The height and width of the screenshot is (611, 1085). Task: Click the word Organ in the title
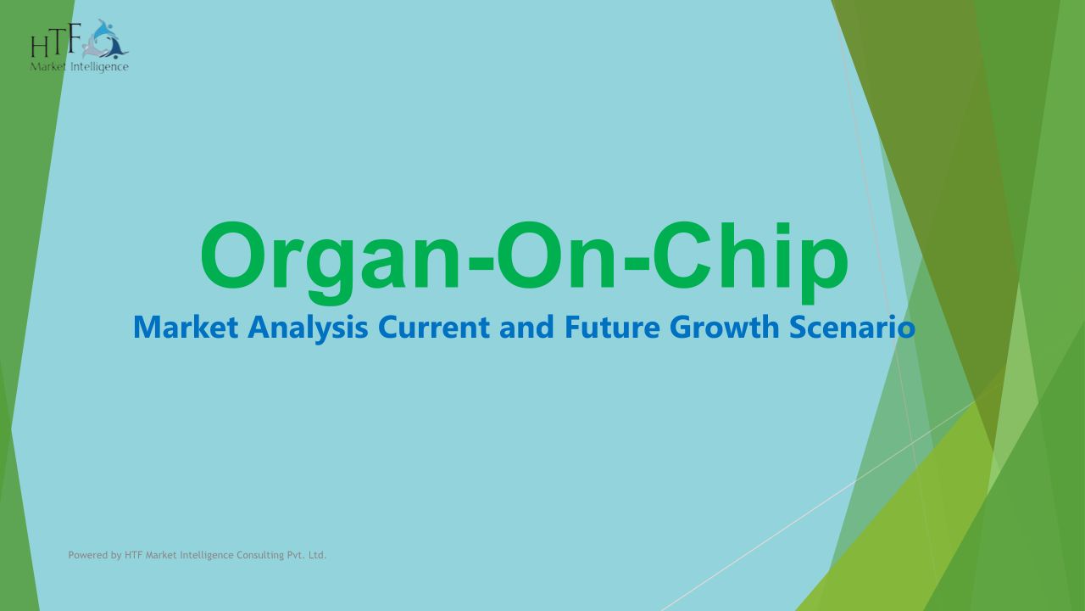tap(330, 261)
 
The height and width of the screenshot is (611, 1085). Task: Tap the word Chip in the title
tap(751, 261)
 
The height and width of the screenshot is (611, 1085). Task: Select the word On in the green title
tap(556, 256)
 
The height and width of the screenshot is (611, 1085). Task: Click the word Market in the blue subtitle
tap(186, 328)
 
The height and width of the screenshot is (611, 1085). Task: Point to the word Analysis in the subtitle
tap(308, 329)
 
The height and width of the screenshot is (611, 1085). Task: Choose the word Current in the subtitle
tap(434, 328)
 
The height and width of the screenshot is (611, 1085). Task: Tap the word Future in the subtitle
tap(612, 328)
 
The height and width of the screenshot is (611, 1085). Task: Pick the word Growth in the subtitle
tap(725, 328)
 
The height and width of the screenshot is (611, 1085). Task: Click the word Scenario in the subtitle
tap(853, 328)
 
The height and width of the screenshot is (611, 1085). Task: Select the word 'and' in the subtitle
tap(527, 328)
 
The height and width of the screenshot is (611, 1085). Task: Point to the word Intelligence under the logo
tap(100, 67)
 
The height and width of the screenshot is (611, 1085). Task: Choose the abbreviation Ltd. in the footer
tap(317, 555)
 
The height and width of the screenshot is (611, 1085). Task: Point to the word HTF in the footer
tap(134, 555)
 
